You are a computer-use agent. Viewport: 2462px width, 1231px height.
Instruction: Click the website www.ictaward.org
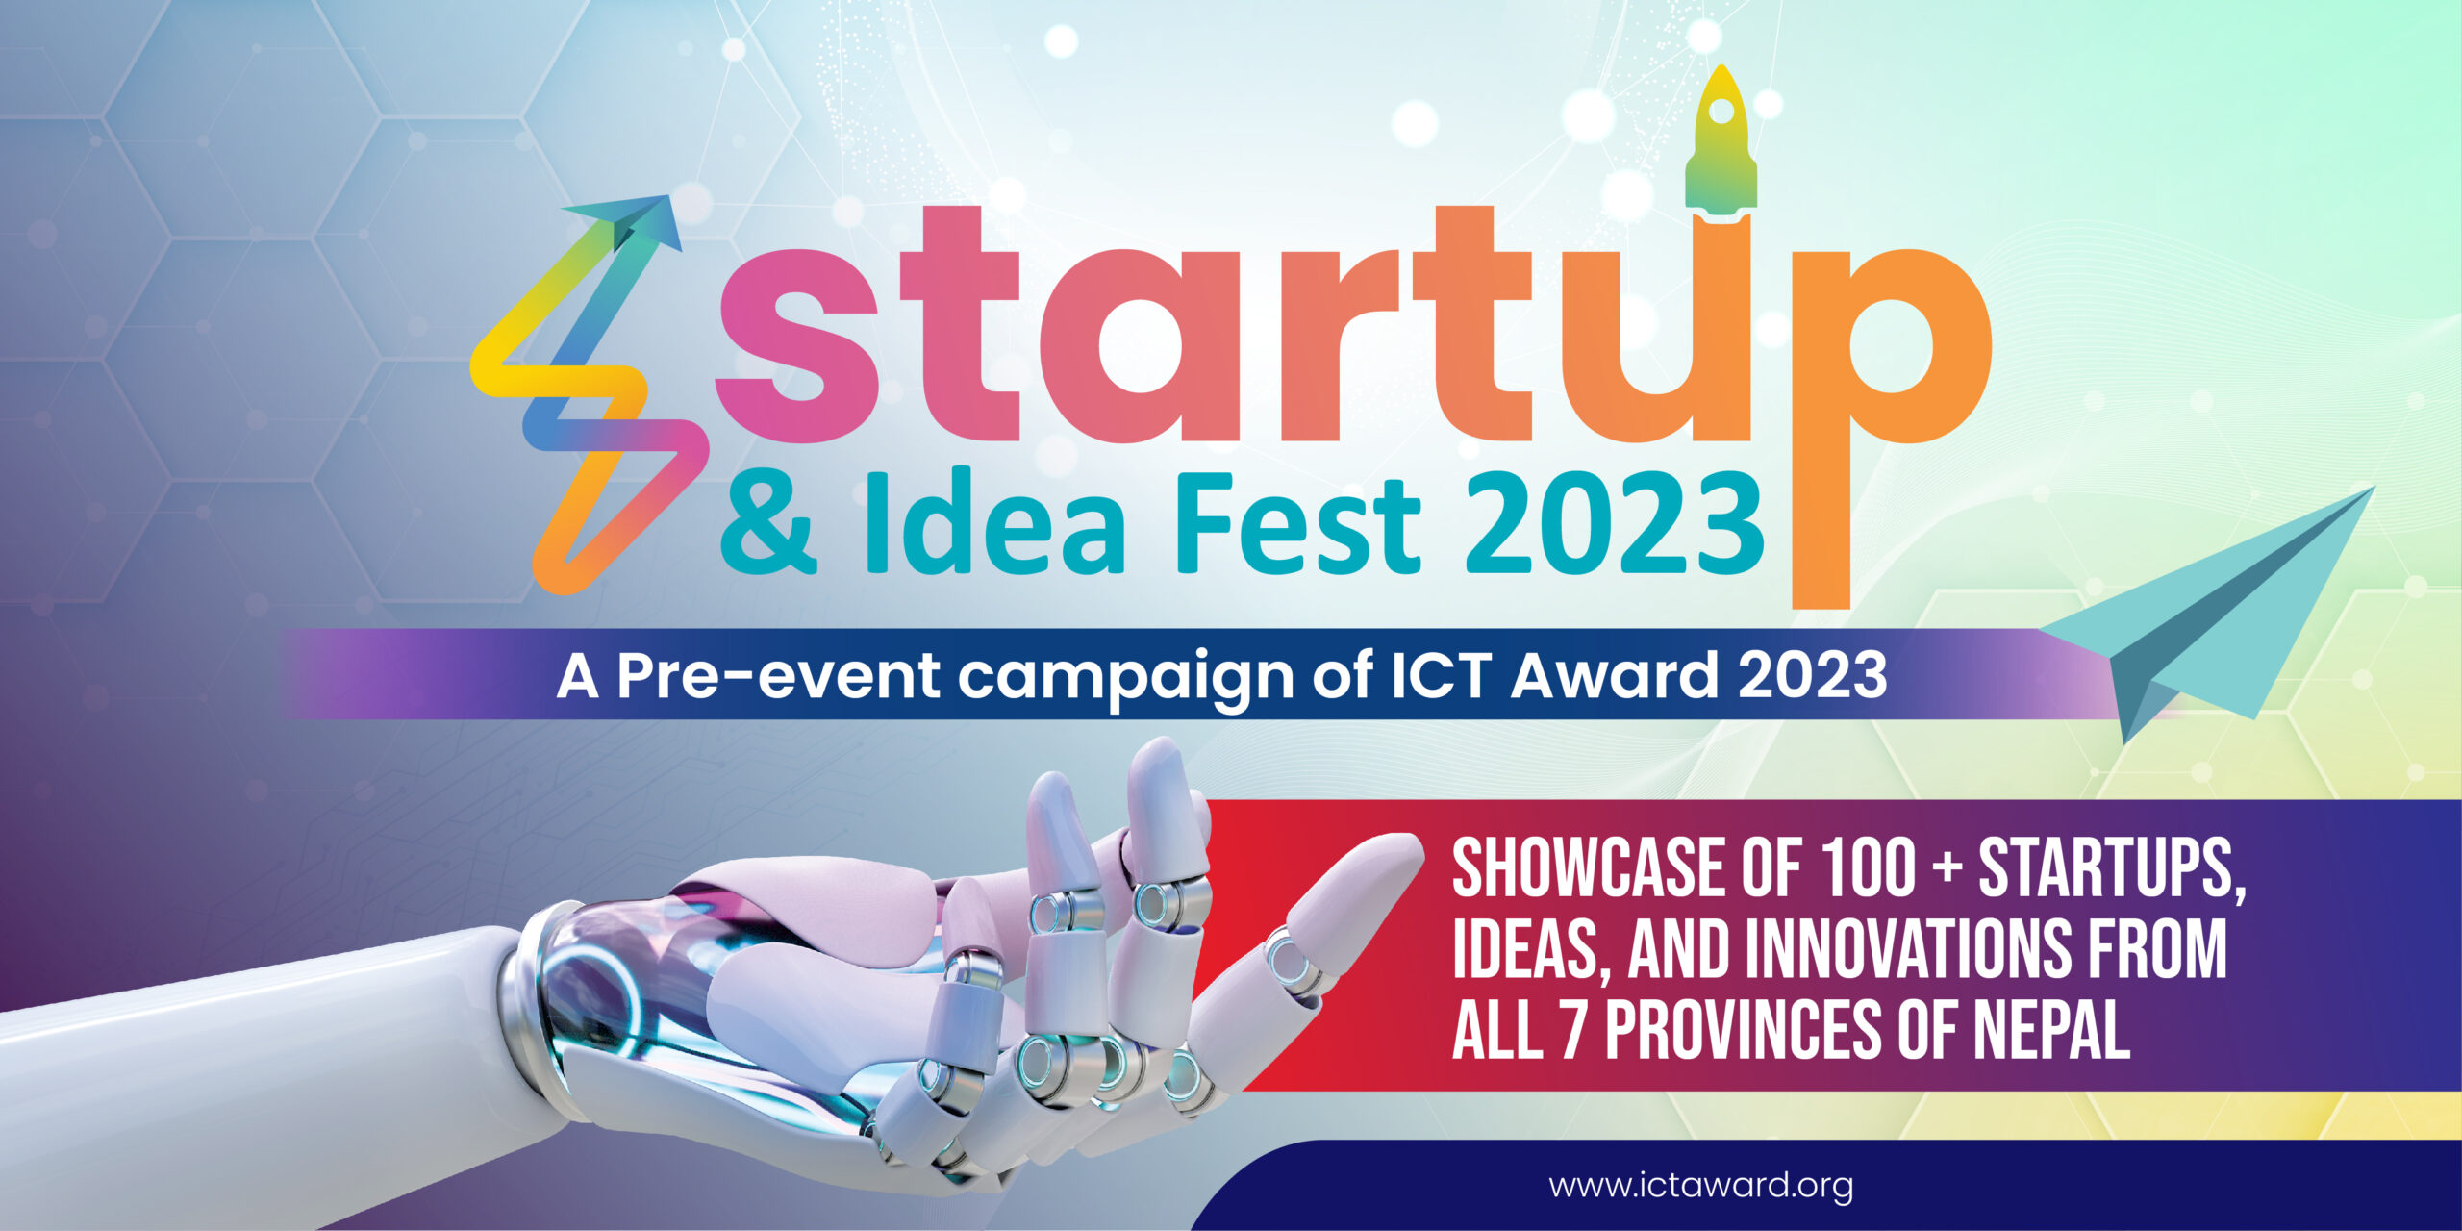pos(1700,1185)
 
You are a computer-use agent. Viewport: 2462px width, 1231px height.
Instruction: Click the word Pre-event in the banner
pos(777,676)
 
